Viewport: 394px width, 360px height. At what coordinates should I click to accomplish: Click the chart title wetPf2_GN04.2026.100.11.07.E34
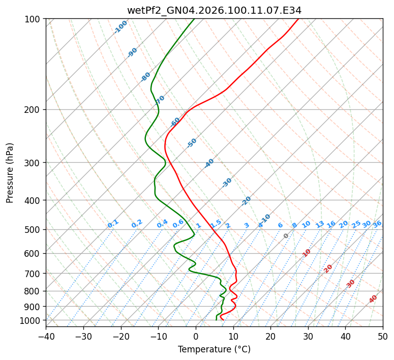click(214, 10)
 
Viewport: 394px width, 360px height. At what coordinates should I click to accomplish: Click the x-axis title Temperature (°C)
click(214, 349)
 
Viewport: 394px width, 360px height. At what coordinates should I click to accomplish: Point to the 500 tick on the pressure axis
click(34, 230)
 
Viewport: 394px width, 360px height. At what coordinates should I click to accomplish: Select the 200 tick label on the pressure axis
click(34, 110)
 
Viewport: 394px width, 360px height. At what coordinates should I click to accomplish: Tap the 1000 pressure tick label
click(32, 320)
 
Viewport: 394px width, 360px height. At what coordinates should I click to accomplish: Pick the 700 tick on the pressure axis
click(34, 274)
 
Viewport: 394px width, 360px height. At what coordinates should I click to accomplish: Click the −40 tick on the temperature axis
click(46, 337)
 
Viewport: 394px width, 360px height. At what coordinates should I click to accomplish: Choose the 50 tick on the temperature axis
click(383, 337)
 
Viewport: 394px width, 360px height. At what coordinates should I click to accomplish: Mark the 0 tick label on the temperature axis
click(196, 337)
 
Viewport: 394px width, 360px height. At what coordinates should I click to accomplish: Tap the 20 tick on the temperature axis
click(270, 337)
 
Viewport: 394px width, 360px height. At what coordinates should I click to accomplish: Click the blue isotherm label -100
click(120, 27)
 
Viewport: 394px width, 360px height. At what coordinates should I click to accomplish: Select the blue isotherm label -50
click(192, 143)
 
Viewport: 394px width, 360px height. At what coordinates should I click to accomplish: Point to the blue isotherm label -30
click(227, 183)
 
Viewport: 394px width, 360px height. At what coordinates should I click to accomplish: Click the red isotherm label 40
click(373, 299)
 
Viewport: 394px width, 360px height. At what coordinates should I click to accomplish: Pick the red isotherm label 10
click(307, 253)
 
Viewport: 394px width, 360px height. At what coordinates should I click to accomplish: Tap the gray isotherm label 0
click(286, 236)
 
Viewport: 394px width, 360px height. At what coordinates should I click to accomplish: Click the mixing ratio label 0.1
click(113, 223)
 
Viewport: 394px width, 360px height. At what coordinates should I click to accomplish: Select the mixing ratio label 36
click(377, 224)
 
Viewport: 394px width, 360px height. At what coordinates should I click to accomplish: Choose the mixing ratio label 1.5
click(216, 223)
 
